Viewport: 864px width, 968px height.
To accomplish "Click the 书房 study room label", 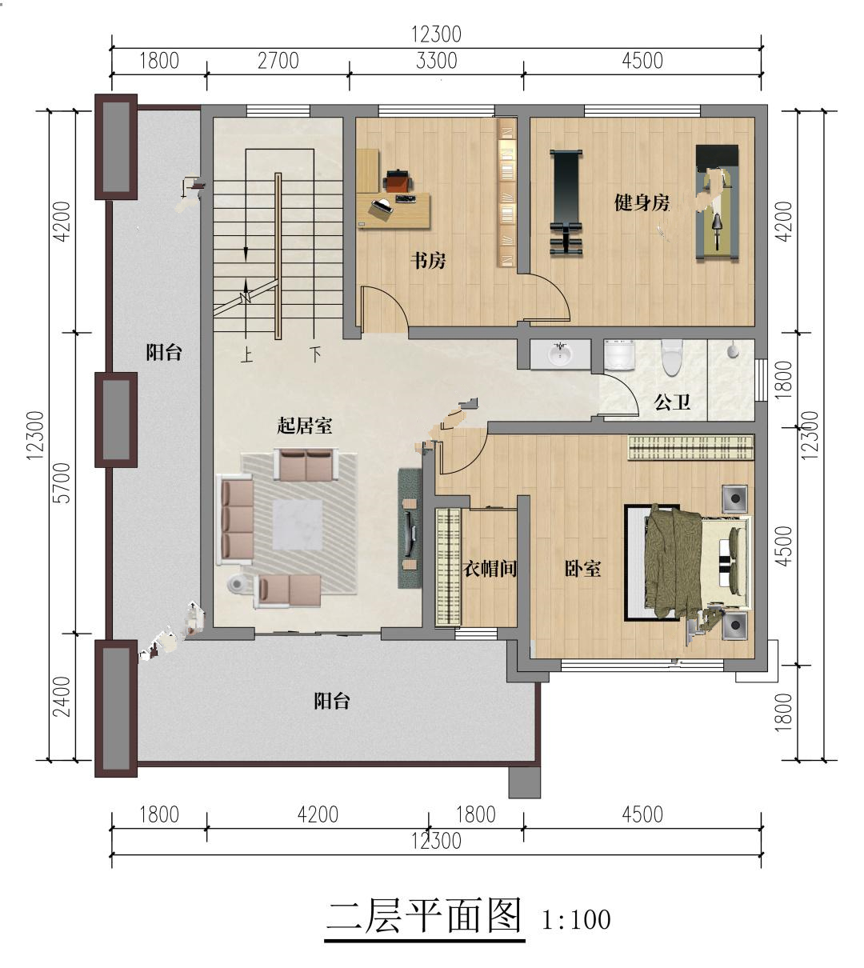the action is [x=428, y=261].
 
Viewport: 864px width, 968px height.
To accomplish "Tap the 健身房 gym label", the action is [x=642, y=202].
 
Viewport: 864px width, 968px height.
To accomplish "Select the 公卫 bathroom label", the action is [x=672, y=402].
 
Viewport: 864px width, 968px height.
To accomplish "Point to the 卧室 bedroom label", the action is [x=582, y=569].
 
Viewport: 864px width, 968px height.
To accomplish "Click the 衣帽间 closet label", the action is [x=490, y=569].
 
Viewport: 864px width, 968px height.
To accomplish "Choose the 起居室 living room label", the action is [x=305, y=426].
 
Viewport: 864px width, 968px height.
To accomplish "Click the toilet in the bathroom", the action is [x=671, y=357].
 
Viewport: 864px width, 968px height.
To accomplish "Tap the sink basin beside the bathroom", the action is [x=559, y=354].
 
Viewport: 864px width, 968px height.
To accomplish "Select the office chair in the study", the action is [x=398, y=181].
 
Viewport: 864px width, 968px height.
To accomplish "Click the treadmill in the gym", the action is [x=717, y=203].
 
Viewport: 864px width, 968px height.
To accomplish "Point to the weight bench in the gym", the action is [x=566, y=202].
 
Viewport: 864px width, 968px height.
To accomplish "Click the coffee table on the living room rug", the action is [x=298, y=525].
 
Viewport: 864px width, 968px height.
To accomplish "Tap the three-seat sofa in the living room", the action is [x=235, y=520].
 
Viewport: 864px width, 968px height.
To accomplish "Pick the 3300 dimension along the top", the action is [x=436, y=61].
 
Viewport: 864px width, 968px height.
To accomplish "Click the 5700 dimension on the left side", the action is [x=62, y=482].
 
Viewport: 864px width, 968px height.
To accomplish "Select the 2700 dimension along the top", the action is [x=278, y=61].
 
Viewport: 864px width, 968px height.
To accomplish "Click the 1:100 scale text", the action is [x=576, y=919].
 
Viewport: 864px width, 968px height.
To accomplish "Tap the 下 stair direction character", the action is [x=315, y=354].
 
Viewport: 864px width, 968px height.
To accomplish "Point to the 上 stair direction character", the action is [x=246, y=355].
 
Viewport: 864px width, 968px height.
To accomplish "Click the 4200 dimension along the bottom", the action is [x=318, y=814].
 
